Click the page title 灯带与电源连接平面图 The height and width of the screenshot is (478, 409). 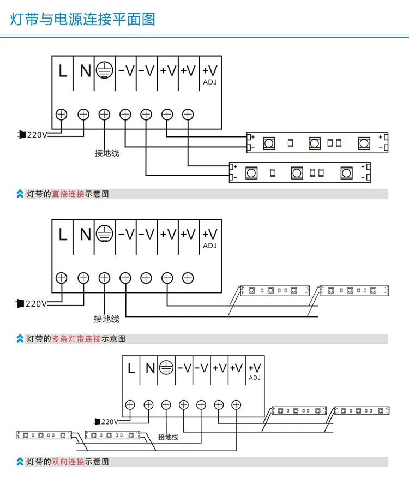(x=82, y=19)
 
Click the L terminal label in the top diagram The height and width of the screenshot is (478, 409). (x=63, y=71)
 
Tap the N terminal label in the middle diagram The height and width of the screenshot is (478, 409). (x=85, y=235)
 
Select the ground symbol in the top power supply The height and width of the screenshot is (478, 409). (x=105, y=70)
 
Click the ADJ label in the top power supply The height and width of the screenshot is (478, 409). (x=210, y=82)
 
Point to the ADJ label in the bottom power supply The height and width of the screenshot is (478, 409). (x=255, y=378)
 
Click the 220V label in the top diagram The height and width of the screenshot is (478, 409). (x=37, y=135)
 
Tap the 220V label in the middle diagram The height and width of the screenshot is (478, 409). (x=37, y=303)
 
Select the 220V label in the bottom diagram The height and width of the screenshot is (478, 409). (x=110, y=422)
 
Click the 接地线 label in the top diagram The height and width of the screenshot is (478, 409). (x=107, y=153)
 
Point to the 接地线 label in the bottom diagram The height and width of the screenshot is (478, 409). (x=168, y=437)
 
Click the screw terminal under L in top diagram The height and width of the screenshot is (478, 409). (x=62, y=115)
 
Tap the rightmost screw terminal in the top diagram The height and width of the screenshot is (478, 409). (x=188, y=115)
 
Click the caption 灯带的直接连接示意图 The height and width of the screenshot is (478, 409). (x=68, y=194)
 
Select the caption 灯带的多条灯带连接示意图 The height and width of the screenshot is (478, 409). (x=76, y=339)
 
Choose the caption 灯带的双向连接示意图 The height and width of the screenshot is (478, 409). (x=68, y=462)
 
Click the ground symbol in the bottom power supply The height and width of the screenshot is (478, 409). (x=166, y=367)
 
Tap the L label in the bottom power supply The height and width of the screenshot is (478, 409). (x=131, y=368)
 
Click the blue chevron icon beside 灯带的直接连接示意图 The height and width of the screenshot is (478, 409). (x=20, y=194)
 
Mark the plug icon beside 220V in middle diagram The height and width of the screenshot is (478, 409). (x=20, y=303)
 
